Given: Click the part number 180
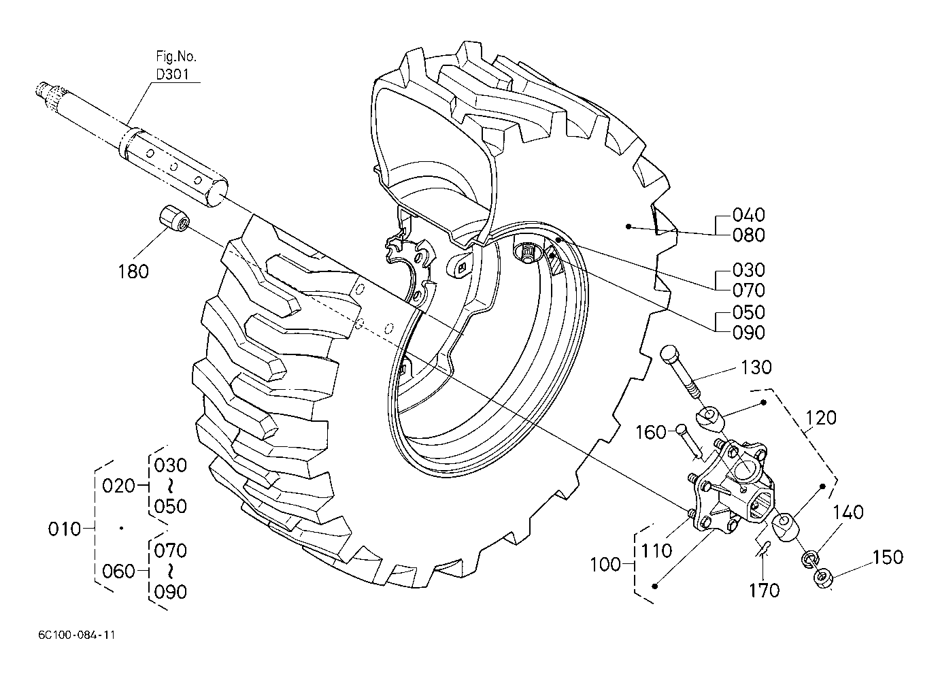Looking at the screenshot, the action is coord(133,272).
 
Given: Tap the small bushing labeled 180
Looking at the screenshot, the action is coord(173,218).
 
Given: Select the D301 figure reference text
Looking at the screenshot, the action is coord(173,75).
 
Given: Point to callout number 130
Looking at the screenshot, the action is coord(756,367).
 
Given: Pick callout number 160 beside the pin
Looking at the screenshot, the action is coord(651,432).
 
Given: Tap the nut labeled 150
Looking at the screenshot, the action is coord(823,578).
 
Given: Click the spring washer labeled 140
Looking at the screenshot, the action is coord(810,559).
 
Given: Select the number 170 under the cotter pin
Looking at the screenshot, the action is coord(765,591).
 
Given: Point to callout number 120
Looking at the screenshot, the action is coord(821,418).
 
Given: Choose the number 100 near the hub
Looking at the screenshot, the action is coord(605,565).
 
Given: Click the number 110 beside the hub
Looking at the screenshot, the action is coord(656,550).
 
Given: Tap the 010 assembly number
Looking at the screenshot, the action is coord(64,529).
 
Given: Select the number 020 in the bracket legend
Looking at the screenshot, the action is coord(118,486).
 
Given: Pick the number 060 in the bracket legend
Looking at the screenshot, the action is coord(118,571).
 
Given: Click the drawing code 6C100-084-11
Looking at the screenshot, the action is coord(77,635).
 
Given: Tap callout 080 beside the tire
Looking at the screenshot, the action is coord(749,235).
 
